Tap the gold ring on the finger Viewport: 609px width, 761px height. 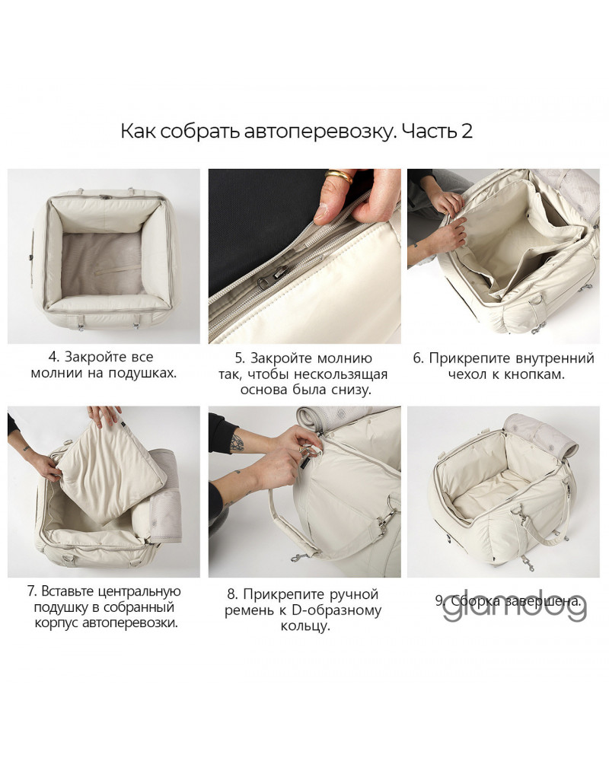pyautogui.click(x=340, y=176)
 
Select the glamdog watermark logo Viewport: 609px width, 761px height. pyautogui.click(x=515, y=607)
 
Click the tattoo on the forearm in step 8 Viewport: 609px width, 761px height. pyautogui.click(x=237, y=443)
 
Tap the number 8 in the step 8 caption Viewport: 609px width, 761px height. pyautogui.click(x=231, y=594)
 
